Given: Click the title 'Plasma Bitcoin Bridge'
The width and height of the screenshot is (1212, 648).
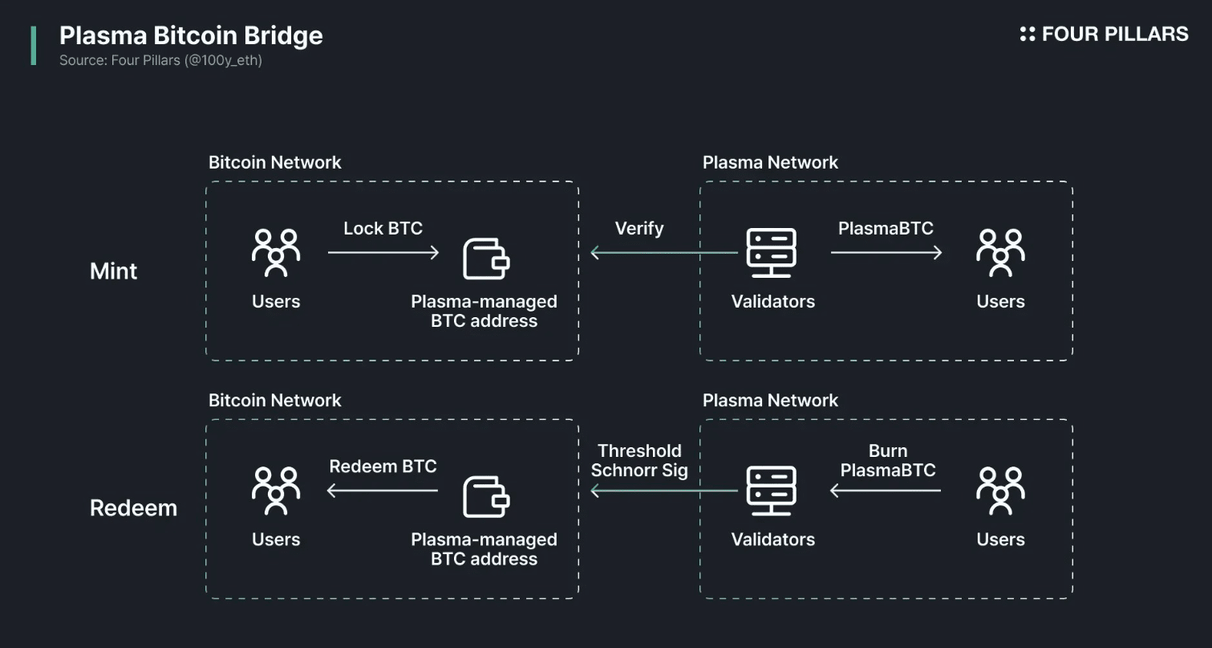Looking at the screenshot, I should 191,36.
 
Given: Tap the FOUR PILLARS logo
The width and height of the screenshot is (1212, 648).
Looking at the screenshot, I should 1104,34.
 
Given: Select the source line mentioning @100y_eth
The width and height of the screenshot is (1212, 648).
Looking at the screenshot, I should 160,60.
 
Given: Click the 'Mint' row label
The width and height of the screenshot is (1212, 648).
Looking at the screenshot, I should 114,271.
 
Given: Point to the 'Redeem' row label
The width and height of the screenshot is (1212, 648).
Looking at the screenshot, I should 133,508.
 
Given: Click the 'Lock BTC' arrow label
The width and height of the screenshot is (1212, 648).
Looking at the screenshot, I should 383,229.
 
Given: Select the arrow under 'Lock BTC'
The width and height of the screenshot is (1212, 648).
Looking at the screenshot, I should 383,253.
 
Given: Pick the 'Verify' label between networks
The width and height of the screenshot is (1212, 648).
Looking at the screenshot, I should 638,229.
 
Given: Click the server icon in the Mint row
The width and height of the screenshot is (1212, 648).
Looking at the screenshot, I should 771,253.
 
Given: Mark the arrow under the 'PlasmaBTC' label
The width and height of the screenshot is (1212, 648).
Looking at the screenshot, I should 886,253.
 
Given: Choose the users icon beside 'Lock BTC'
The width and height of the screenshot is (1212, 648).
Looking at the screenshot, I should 276,253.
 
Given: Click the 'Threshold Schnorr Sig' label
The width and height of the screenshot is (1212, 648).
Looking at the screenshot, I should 639,461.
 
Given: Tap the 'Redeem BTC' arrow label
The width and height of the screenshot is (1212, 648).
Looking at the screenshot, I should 383,467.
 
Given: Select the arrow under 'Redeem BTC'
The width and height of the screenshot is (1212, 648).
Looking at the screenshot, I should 383,491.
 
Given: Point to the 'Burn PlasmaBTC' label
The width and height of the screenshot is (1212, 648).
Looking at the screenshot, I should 888,461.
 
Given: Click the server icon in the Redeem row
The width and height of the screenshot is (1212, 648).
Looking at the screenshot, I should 771,491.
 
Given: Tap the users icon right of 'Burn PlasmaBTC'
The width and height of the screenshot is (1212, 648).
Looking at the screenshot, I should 1000,491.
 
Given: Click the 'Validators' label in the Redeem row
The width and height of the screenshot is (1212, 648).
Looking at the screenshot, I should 772,540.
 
